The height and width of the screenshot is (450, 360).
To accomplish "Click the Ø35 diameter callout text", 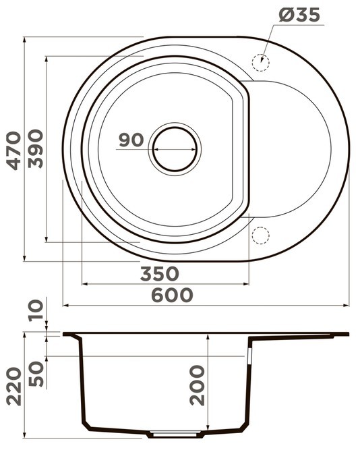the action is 299,15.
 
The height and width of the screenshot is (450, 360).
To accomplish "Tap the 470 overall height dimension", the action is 14,150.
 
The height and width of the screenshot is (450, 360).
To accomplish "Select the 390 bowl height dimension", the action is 36,148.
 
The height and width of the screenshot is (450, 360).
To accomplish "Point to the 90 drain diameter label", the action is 131,140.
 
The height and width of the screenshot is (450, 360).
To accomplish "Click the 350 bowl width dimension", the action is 160,273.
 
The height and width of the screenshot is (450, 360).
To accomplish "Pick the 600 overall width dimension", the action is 172,295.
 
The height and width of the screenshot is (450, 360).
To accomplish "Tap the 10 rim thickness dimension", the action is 36,310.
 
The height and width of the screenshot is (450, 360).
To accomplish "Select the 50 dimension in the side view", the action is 36,374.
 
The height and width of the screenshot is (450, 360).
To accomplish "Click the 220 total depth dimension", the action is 14,387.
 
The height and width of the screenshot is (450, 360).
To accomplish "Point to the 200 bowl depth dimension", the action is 197,385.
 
